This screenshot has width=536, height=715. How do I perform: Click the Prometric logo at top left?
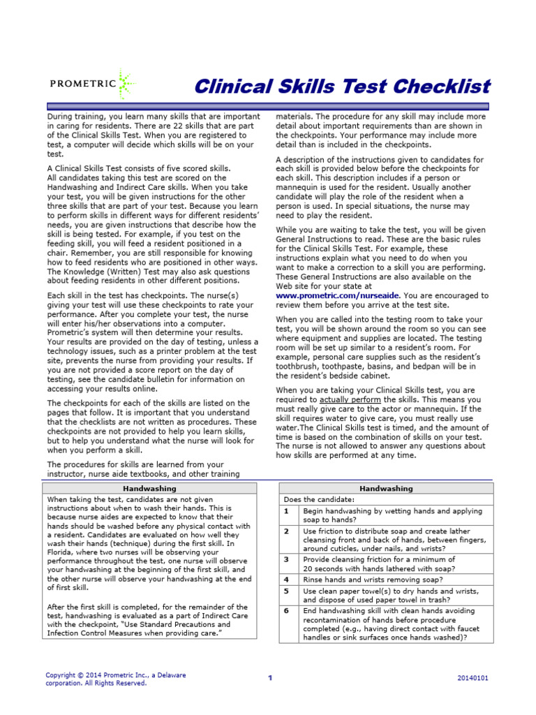point(92,85)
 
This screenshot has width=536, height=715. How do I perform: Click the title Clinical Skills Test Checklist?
point(342,87)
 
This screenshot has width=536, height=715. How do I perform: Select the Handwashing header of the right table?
point(386,489)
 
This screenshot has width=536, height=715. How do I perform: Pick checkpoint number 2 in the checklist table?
point(286,531)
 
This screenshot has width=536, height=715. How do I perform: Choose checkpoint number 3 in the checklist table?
point(286,559)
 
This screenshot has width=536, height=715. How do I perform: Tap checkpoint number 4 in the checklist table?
point(286,580)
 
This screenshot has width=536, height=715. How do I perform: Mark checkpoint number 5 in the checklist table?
point(286,590)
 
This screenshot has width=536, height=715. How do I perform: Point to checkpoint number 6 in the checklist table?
point(286,610)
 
